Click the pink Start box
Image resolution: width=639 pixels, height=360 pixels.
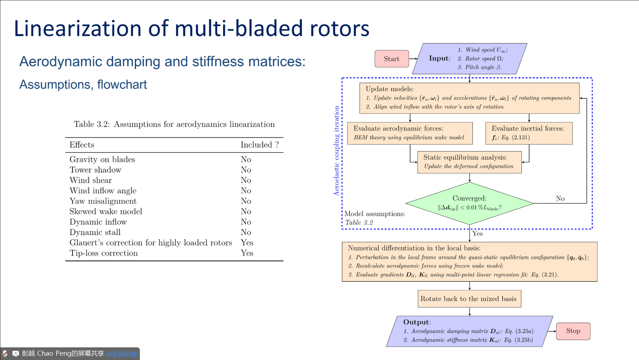pyautogui.click(x=391, y=59)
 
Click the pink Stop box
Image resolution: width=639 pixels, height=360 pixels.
pyautogui.click(x=573, y=331)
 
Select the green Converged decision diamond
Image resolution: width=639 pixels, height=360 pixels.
pyautogui.click(x=469, y=203)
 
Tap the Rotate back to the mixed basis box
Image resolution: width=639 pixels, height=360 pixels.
pyautogui.click(x=469, y=299)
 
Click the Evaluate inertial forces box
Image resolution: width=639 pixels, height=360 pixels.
pyautogui.click(x=529, y=133)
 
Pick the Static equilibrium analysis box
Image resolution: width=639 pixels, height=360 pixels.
pyautogui.click(x=469, y=162)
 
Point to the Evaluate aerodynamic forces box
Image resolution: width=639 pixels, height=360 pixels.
pyautogui.click(x=410, y=133)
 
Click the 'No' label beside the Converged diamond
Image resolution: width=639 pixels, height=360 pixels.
pyautogui.click(x=560, y=198)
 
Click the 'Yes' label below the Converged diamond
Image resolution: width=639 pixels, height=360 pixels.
pyautogui.click(x=477, y=234)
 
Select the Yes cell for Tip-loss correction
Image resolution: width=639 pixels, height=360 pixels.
pyautogui.click(x=247, y=253)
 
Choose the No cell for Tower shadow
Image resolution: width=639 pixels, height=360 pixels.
pyautogui.click(x=246, y=170)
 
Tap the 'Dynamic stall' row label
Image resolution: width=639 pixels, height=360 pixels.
pyautogui.click(x=95, y=232)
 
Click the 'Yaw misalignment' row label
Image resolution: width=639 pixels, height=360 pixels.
pyautogui.click(x=103, y=201)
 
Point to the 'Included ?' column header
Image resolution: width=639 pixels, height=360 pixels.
pyautogui.click(x=260, y=145)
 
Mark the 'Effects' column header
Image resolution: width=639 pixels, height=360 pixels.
pyautogui.click(x=82, y=145)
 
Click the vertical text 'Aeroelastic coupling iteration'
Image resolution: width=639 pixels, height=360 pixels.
pyautogui.click(x=336, y=151)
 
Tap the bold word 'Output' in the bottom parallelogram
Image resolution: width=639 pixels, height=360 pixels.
pyautogui.click(x=416, y=322)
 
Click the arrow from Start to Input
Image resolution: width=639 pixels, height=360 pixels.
pyautogui.click(x=413, y=59)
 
